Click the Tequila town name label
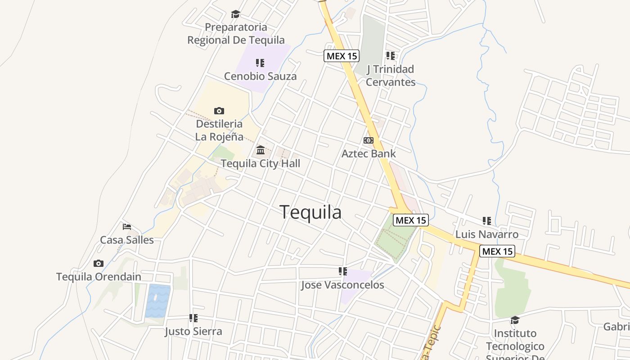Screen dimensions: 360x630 (x=310, y=212)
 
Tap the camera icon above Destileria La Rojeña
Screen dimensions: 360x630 (x=219, y=111)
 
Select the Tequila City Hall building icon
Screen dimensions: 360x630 (x=261, y=150)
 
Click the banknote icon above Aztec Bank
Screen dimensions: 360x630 (x=369, y=140)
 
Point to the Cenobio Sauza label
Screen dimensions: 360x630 (x=260, y=76)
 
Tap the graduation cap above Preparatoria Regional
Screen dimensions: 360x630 (x=235, y=14)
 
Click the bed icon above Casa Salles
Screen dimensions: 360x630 (x=127, y=226)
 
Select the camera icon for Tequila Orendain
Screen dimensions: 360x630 (x=99, y=263)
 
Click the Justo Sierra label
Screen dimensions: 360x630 (x=193, y=332)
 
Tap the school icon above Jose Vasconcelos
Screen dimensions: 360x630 (x=343, y=271)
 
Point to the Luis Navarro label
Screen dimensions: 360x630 (x=487, y=234)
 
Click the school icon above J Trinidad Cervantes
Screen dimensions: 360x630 (x=391, y=56)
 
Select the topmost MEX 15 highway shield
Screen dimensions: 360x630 (x=342, y=56)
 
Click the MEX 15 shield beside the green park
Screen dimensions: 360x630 (x=410, y=220)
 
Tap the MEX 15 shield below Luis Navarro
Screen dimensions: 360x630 (x=497, y=251)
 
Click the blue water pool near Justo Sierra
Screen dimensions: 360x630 (x=157, y=301)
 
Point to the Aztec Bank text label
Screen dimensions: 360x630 (x=369, y=153)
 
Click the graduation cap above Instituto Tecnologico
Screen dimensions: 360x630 (x=515, y=320)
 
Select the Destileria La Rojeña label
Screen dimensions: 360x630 (x=219, y=130)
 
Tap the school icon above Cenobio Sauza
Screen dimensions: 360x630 (x=260, y=63)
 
